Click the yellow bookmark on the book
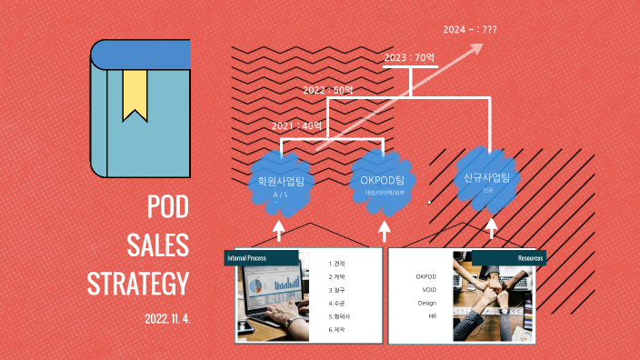(x=135, y=94)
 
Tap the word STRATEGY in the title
(x=138, y=284)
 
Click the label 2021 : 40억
(x=297, y=125)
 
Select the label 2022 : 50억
(x=328, y=91)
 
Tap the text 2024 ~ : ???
(x=470, y=30)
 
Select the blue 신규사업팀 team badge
(x=487, y=178)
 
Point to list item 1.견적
(x=338, y=264)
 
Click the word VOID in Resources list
(x=427, y=289)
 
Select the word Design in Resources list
(x=427, y=303)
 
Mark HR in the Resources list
(x=433, y=315)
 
